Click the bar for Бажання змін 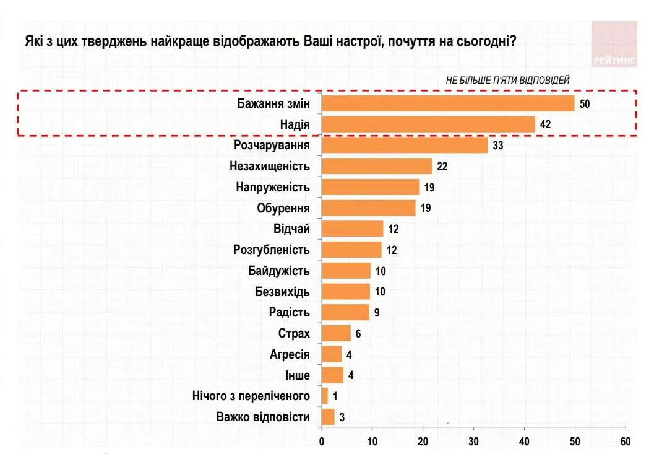coord(448,103)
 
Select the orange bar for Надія coord(428,124)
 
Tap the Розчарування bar coord(405,146)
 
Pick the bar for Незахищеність coord(377,166)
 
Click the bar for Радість coord(345,312)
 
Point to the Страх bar coord(336,333)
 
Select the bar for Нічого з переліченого coord(325,396)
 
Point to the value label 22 coord(442,166)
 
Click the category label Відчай coord(291,229)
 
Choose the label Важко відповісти coord(263,417)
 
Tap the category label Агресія coord(290,354)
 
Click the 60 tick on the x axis coord(625,441)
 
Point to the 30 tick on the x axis coord(473,441)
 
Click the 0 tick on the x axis coord(322,441)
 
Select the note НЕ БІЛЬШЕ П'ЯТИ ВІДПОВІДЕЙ coord(507,80)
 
